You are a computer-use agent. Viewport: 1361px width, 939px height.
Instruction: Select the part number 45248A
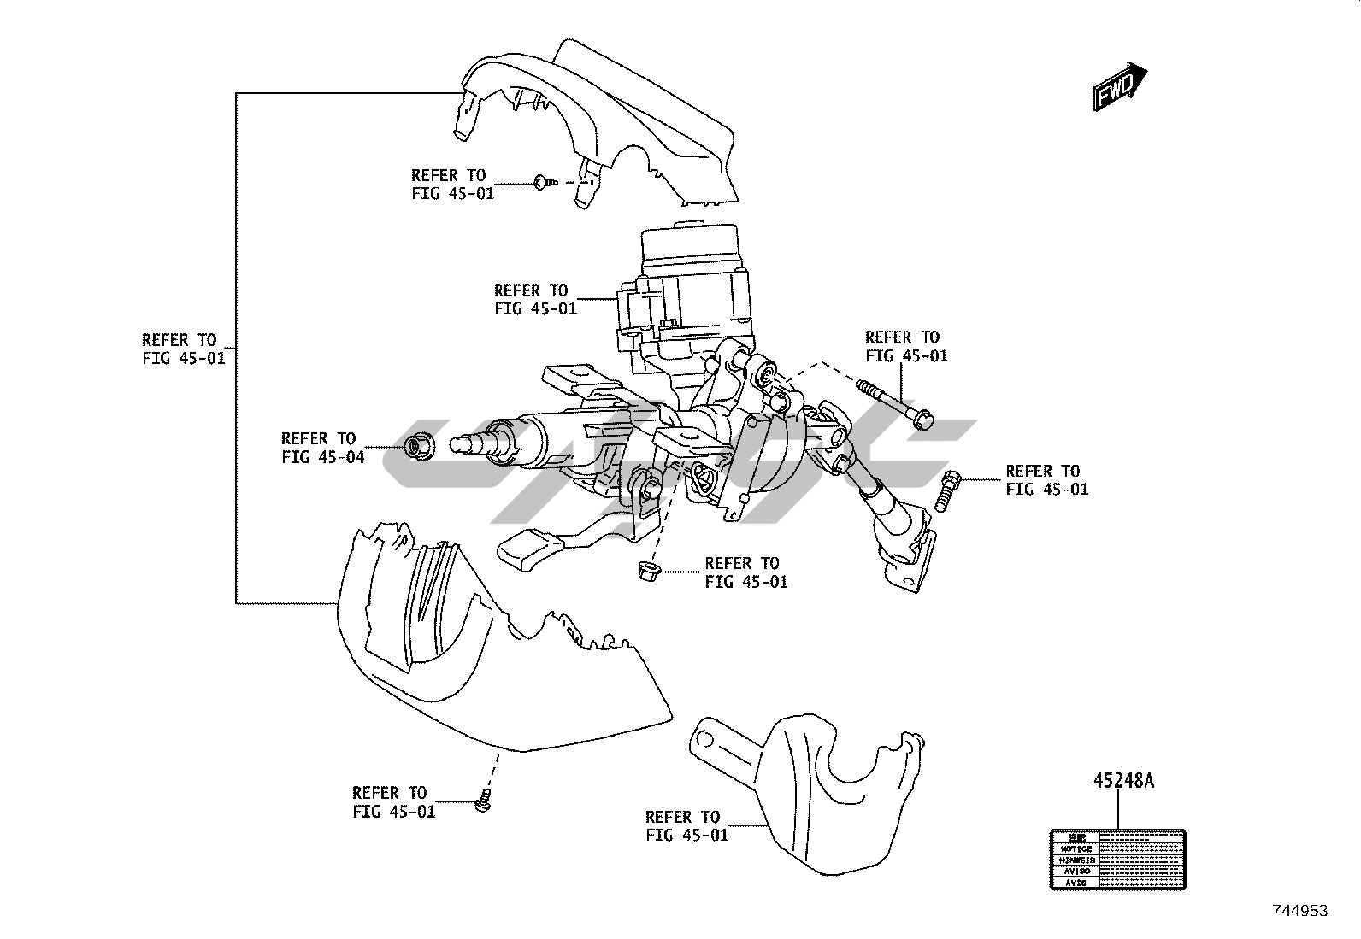coord(1123,781)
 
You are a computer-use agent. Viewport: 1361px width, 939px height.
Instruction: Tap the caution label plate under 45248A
coord(1117,859)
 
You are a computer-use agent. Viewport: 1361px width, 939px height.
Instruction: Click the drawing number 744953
coord(1299,911)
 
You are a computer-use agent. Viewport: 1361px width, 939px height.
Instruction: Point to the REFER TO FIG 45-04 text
coord(322,448)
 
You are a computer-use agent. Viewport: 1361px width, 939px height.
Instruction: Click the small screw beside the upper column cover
coord(544,181)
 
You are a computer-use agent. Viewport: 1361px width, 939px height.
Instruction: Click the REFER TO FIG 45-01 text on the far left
coord(184,349)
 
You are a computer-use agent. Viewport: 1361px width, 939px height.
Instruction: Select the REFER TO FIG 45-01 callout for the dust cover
coord(686,825)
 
